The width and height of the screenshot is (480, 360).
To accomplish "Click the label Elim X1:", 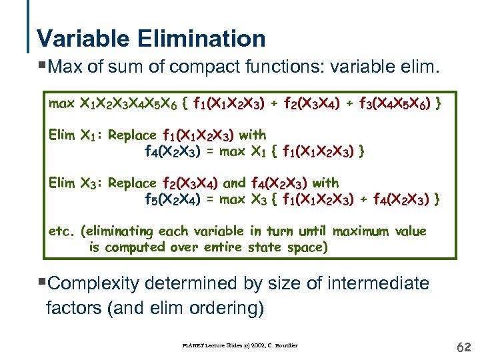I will coord(75,135).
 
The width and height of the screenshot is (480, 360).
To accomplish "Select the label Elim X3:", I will coord(75,183).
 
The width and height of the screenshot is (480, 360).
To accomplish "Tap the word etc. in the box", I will coord(62,231).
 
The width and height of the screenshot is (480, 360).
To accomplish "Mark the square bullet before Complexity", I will coord(44,283).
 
